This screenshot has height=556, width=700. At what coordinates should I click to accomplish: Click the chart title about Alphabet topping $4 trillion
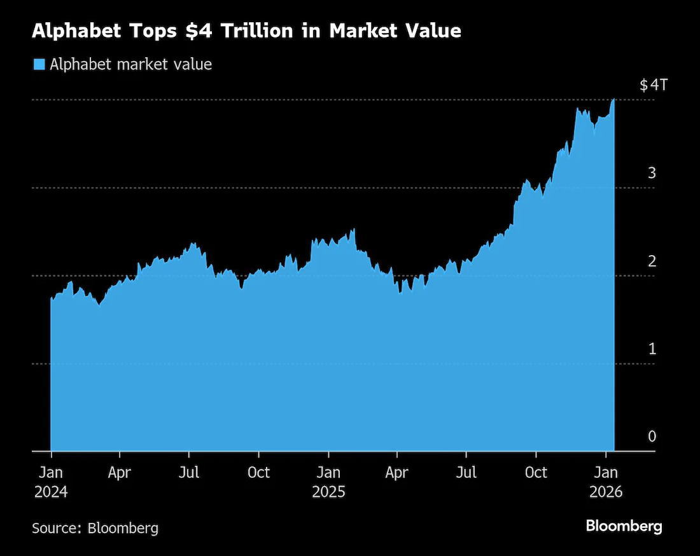pyautogui.click(x=246, y=31)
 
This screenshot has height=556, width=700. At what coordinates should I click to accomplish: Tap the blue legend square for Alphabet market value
pyautogui.click(x=39, y=64)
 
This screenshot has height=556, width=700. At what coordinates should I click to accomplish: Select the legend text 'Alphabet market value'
pyautogui.click(x=130, y=64)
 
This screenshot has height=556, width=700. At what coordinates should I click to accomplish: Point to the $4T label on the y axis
pyautogui.click(x=654, y=85)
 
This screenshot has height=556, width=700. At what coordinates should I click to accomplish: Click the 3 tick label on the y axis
pyautogui.click(x=652, y=173)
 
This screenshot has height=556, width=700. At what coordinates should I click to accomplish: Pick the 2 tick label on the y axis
pyautogui.click(x=652, y=261)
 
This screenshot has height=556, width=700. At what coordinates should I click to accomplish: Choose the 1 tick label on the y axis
pyautogui.click(x=652, y=349)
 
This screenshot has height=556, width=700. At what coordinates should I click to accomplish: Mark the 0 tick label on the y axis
pyautogui.click(x=652, y=436)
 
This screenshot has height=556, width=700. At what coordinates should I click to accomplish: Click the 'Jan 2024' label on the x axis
pyautogui.click(x=50, y=482)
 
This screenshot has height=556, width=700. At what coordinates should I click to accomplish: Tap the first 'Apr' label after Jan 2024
pyautogui.click(x=119, y=473)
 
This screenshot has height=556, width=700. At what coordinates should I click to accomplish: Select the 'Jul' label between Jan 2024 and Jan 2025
pyautogui.click(x=189, y=473)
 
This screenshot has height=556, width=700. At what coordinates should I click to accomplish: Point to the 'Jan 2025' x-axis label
pyautogui.click(x=328, y=482)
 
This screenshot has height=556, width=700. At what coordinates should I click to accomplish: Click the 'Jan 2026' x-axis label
pyautogui.click(x=606, y=482)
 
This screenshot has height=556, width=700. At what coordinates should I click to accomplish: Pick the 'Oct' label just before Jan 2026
pyautogui.click(x=536, y=473)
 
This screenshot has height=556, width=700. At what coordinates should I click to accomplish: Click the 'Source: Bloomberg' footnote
pyautogui.click(x=95, y=527)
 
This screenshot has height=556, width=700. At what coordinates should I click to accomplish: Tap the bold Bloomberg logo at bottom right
pyautogui.click(x=624, y=526)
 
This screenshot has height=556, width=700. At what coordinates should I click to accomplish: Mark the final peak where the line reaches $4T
pyautogui.click(x=613, y=100)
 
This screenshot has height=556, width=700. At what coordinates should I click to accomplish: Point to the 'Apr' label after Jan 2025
pyautogui.click(x=397, y=473)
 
